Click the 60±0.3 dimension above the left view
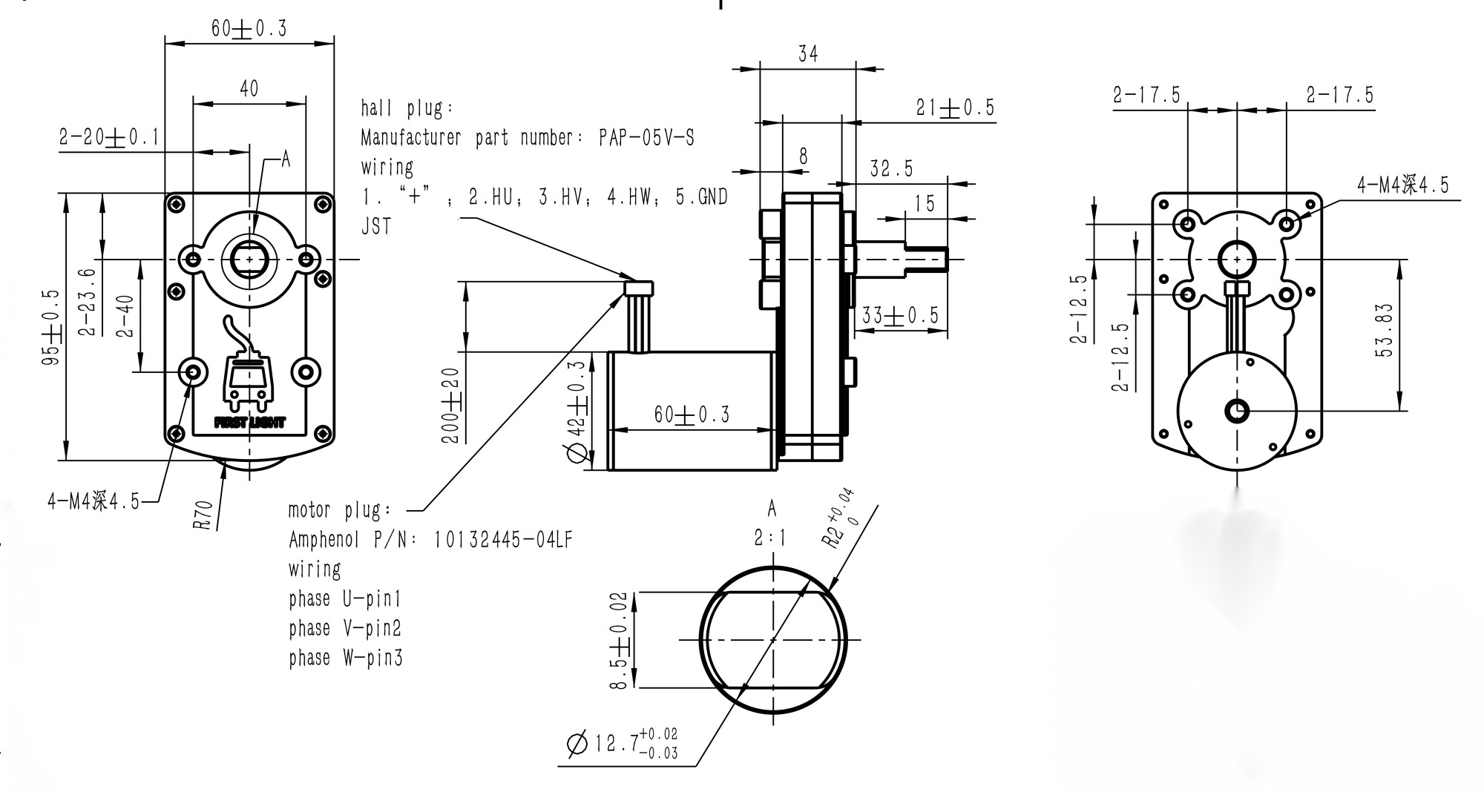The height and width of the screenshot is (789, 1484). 248,29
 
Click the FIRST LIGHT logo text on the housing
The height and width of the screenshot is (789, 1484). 249,423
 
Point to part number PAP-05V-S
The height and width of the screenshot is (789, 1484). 646,138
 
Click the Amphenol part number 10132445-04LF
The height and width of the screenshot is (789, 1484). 503,540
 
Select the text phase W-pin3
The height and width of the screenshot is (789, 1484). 346,658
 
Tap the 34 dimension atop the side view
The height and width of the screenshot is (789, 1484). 808,54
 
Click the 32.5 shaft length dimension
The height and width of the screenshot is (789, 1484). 890,169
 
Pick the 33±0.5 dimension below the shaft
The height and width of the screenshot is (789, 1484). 899,317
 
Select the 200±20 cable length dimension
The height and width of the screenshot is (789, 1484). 450,405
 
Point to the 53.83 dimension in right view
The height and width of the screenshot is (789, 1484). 1385,331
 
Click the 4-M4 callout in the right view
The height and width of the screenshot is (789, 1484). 1402,185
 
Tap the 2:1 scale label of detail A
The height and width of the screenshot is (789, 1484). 770,538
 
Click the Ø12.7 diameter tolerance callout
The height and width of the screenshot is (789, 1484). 622,743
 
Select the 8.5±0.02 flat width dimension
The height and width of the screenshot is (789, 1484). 619,640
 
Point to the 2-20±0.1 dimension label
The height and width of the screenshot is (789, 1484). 109,137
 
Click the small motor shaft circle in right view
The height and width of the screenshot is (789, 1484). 1237,411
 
